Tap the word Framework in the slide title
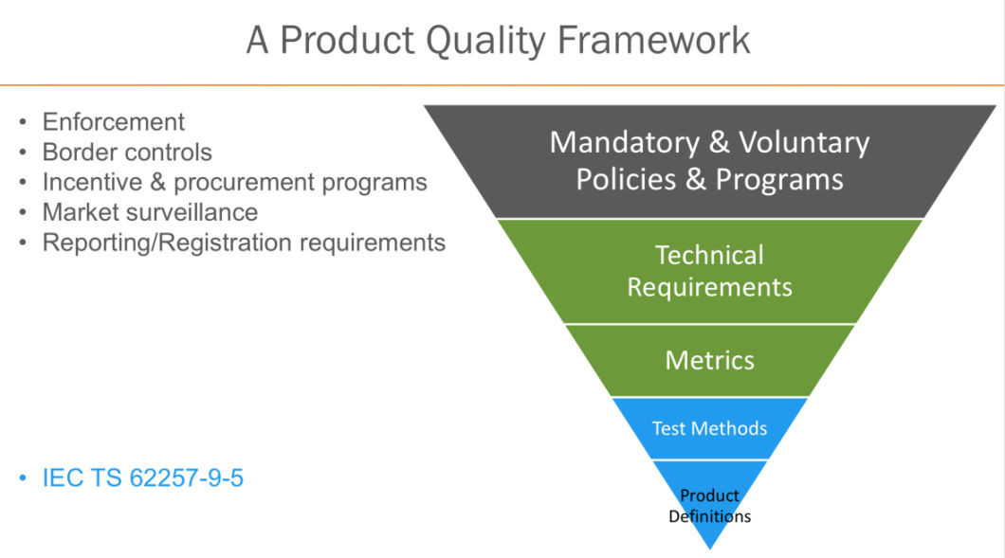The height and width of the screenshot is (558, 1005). click(x=653, y=41)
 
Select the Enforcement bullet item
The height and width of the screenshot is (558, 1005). click(x=113, y=121)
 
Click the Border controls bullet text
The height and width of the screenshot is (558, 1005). click(x=127, y=152)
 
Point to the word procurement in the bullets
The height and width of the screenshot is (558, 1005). click(x=251, y=181)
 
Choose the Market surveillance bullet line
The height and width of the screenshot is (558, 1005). click(x=150, y=211)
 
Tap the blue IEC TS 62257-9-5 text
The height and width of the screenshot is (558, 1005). click(x=142, y=477)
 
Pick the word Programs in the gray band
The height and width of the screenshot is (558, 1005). click(x=779, y=179)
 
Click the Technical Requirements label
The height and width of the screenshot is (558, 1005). click(x=709, y=271)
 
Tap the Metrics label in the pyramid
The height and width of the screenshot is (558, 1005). click(x=709, y=360)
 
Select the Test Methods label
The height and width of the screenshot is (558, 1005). click(x=709, y=428)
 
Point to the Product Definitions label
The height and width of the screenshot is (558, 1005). click(x=709, y=506)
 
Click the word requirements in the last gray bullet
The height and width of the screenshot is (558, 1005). click(x=373, y=242)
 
